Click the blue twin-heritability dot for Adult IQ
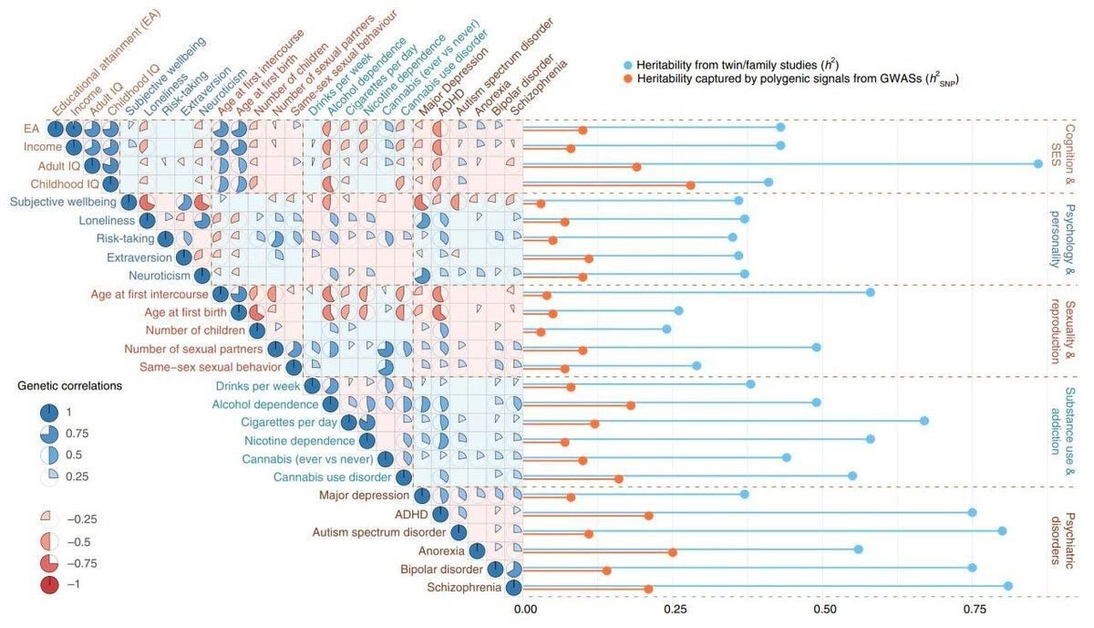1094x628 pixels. (x=1038, y=164)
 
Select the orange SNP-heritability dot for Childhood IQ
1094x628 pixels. (x=691, y=185)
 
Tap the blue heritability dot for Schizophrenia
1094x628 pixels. (x=1008, y=586)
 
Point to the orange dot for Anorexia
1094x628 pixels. (x=673, y=552)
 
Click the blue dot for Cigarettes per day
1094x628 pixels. (x=924, y=421)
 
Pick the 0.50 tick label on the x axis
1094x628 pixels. (x=825, y=609)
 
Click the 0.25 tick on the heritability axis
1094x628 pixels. (x=675, y=609)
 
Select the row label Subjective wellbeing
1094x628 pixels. (x=64, y=202)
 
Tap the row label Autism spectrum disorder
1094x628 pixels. (x=379, y=532)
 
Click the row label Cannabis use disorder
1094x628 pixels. (x=332, y=476)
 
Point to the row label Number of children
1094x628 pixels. (x=195, y=330)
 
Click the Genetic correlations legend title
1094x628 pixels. (x=70, y=386)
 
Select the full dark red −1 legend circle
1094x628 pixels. (x=49, y=584)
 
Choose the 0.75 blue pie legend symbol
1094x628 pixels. (x=49, y=434)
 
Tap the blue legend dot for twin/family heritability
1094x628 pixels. (x=628, y=65)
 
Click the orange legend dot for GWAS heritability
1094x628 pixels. (x=628, y=78)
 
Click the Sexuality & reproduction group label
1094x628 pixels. (x=1063, y=332)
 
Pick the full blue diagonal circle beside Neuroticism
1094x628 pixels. (x=201, y=276)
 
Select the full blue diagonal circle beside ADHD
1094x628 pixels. (x=440, y=514)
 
